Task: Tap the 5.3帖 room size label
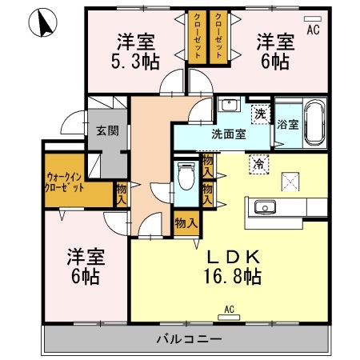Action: (x=133, y=59)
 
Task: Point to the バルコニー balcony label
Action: (x=188, y=338)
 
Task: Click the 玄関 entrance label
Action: (x=106, y=130)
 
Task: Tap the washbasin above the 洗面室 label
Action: (x=229, y=106)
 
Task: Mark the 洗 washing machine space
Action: (x=260, y=114)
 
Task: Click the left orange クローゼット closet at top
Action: (x=194, y=37)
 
